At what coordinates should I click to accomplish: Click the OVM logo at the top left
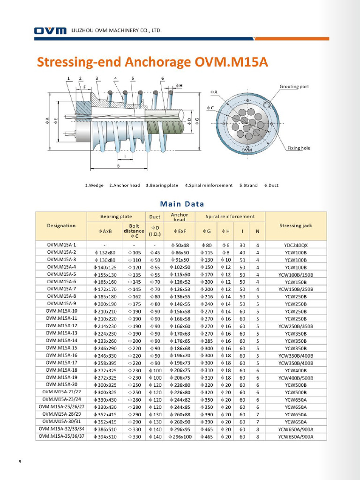pos(50,31)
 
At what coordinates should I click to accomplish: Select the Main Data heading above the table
pos(182,204)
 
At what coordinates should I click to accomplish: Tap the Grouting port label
pos(294,87)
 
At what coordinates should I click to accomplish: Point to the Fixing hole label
pos(298,148)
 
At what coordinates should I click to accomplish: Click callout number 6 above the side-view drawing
pos(162,78)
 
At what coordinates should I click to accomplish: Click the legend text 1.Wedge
pos(95,185)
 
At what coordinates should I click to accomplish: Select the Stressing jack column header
pos(295,225)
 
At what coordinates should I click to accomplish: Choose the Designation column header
pos(61,225)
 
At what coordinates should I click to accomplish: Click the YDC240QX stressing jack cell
pos(295,245)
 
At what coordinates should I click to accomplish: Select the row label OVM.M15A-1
pos(61,245)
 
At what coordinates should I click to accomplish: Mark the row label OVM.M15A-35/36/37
pos(61,436)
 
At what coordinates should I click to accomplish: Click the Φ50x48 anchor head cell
pos(179,245)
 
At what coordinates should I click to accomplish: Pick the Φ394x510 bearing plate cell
pos(105,436)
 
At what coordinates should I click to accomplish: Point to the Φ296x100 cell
pos(179,436)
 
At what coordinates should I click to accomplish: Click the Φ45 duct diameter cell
pos(154,252)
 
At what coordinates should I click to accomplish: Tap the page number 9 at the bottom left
pos(20,462)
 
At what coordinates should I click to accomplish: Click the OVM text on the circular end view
pos(247,150)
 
